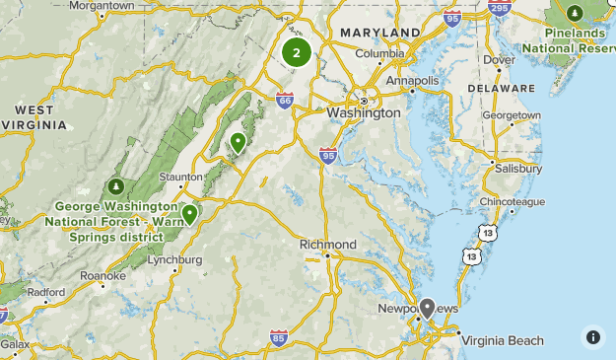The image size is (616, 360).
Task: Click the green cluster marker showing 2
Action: pyautogui.click(x=296, y=53)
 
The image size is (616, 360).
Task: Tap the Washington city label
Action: pyautogui.click(x=364, y=112)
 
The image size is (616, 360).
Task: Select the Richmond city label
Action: pyautogui.click(x=327, y=244)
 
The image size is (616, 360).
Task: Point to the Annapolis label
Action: pyautogui.click(x=412, y=80)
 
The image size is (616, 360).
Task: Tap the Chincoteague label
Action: pyautogui.click(x=513, y=201)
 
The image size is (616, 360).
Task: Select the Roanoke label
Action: pyautogui.click(x=103, y=276)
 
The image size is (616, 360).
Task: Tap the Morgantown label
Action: pyautogui.click(x=102, y=5)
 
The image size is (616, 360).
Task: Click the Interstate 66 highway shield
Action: pyautogui.click(x=284, y=100)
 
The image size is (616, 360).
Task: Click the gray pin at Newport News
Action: pyautogui.click(x=427, y=308)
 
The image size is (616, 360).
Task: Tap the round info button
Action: pyautogui.click(x=592, y=336)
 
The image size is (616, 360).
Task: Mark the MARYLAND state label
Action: pyautogui.click(x=374, y=33)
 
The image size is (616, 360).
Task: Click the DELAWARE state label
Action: pyautogui.click(x=501, y=88)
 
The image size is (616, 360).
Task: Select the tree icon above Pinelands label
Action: pyautogui.click(x=577, y=14)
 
